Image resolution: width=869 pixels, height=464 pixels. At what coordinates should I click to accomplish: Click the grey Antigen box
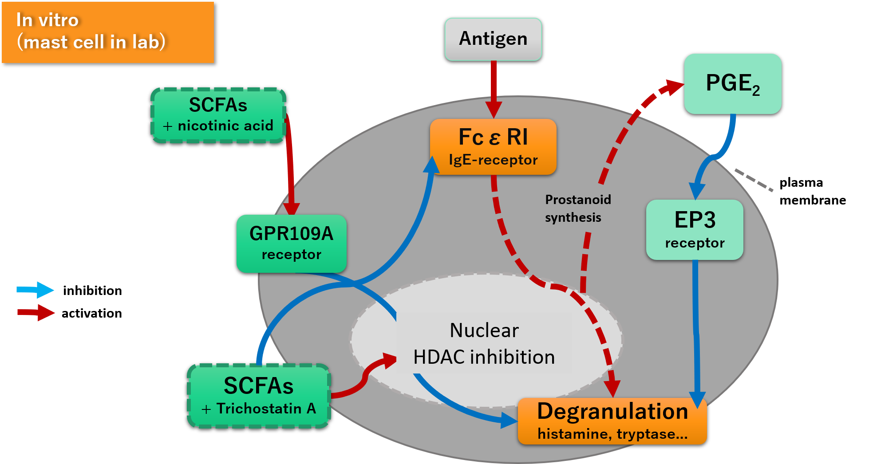point(493,39)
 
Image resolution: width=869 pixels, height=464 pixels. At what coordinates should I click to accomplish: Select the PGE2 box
point(733,84)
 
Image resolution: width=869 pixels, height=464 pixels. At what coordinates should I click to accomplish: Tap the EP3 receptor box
point(695,229)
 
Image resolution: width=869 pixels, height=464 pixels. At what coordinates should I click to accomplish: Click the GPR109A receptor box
point(291,244)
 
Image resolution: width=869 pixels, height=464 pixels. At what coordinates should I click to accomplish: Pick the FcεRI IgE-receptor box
point(493,146)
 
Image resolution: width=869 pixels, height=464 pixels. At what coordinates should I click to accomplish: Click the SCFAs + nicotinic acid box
point(218,115)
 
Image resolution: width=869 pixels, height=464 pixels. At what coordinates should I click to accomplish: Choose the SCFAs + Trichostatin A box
point(259,396)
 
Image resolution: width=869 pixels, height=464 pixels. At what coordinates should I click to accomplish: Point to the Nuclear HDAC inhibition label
point(484,343)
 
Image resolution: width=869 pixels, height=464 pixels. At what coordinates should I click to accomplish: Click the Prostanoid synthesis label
point(578,208)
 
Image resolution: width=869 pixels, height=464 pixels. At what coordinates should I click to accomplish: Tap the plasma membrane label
point(813,191)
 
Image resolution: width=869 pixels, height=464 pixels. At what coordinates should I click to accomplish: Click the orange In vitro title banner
point(108,32)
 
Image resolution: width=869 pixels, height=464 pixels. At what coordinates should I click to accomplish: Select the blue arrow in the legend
point(36,290)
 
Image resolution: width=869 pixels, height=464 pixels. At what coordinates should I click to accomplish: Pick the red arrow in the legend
point(36,313)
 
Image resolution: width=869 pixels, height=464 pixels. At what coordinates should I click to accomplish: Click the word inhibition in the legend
point(92,291)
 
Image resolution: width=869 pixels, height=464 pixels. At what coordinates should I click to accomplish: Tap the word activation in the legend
point(92,313)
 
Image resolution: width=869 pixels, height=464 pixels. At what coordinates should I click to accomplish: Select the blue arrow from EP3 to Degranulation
point(696,333)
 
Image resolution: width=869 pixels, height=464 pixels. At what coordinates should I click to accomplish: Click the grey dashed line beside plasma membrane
point(754,180)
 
